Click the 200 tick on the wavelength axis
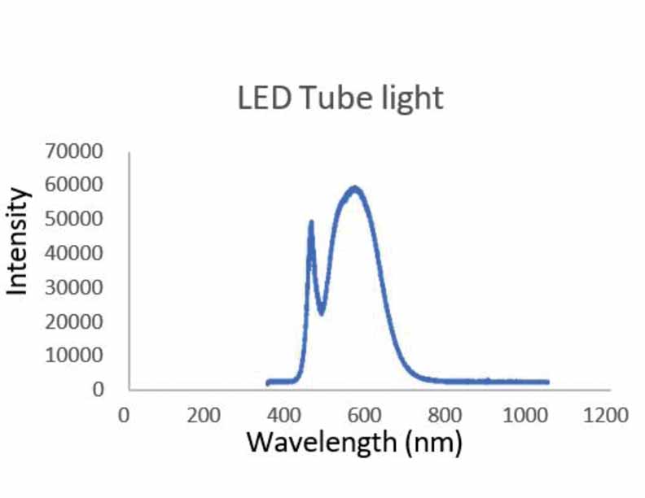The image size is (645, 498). click(204, 414)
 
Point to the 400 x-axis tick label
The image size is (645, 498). click(283, 414)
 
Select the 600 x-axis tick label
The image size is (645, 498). click(364, 414)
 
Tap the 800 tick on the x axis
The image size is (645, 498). click(445, 414)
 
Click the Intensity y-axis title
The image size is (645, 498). click(18, 241)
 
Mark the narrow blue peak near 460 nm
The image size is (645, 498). click(311, 223)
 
